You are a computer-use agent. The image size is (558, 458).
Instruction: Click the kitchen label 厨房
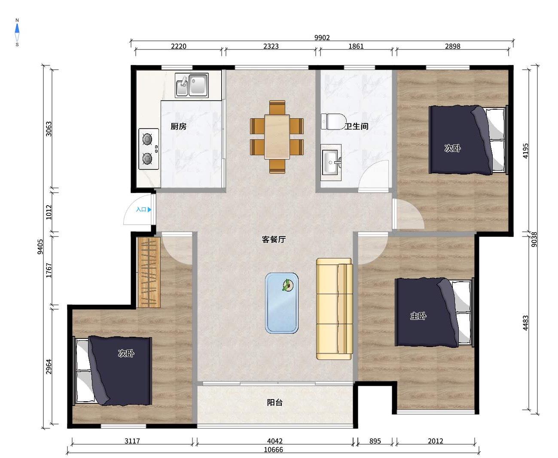click(x=178, y=126)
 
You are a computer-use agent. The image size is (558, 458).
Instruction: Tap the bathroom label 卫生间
click(x=357, y=126)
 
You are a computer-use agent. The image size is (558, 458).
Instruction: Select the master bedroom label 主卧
click(x=418, y=316)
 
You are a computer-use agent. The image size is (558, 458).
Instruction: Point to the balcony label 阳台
click(x=274, y=403)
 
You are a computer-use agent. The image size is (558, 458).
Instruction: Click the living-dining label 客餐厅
click(x=274, y=240)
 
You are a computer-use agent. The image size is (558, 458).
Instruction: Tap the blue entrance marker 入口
click(x=143, y=209)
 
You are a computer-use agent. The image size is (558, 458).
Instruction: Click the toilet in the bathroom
click(x=334, y=122)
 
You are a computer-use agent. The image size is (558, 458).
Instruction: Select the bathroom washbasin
click(x=331, y=162)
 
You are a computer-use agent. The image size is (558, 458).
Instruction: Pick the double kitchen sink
click(x=192, y=85)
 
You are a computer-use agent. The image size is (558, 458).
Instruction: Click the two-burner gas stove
click(x=149, y=149)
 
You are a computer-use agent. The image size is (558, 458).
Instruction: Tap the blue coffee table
click(x=282, y=303)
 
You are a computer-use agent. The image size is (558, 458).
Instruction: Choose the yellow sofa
click(x=335, y=309)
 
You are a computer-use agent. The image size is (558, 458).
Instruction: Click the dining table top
click(x=277, y=137)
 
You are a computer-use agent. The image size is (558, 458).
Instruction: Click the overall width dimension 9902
click(x=322, y=37)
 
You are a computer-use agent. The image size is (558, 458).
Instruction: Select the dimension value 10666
click(x=273, y=449)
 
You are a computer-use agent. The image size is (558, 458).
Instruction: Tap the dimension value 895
click(x=375, y=441)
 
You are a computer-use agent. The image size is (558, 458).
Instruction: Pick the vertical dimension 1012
click(x=49, y=212)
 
